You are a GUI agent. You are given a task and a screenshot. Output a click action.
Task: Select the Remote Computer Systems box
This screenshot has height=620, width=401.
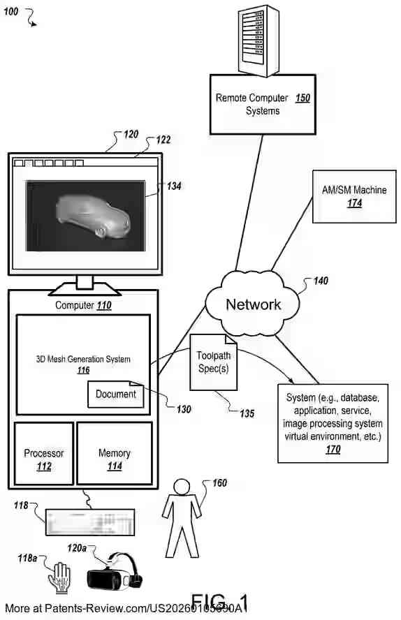(x=262, y=105)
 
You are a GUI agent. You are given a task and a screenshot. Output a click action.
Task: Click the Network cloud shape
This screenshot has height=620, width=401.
(x=252, y=304)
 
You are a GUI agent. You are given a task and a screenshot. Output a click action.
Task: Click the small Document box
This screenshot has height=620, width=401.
(x=115, y=394)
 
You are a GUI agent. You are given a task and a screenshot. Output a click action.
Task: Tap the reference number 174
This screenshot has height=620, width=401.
(x=355, y=203)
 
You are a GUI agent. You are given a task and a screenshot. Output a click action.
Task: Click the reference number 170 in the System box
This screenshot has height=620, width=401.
(x=333, y=450)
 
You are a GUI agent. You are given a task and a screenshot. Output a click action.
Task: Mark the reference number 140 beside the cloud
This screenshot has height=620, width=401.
(x=320, y=281)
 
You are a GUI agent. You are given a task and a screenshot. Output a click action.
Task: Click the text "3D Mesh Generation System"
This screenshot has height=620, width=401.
(x=83, y=360)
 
